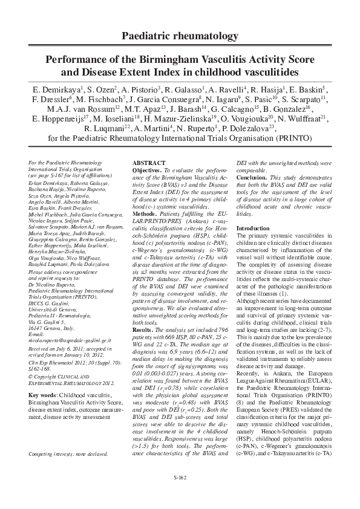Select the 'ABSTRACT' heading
pos(149,164)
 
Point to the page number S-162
pos(180,478)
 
